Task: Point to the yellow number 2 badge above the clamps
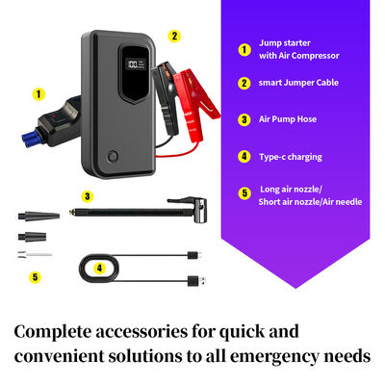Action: [x=174, y=36]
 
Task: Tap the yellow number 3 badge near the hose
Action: [x=88, y=195]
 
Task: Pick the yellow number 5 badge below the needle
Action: [x=36, y=277]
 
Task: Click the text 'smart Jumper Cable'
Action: [x=298, y=84]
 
